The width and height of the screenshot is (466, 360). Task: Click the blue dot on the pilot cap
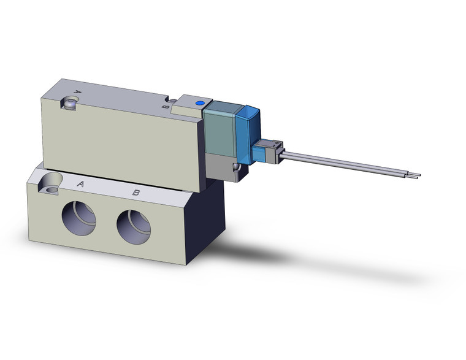199,104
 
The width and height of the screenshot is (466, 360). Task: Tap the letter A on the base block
80,184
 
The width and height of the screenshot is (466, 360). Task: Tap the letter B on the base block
137,193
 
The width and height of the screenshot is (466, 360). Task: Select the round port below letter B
134,226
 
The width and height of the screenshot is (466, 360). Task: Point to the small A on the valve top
77,92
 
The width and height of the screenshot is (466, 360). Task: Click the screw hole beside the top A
69,104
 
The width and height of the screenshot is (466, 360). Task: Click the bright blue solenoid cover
248,135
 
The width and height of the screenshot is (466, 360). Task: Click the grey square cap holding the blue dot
191,110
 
